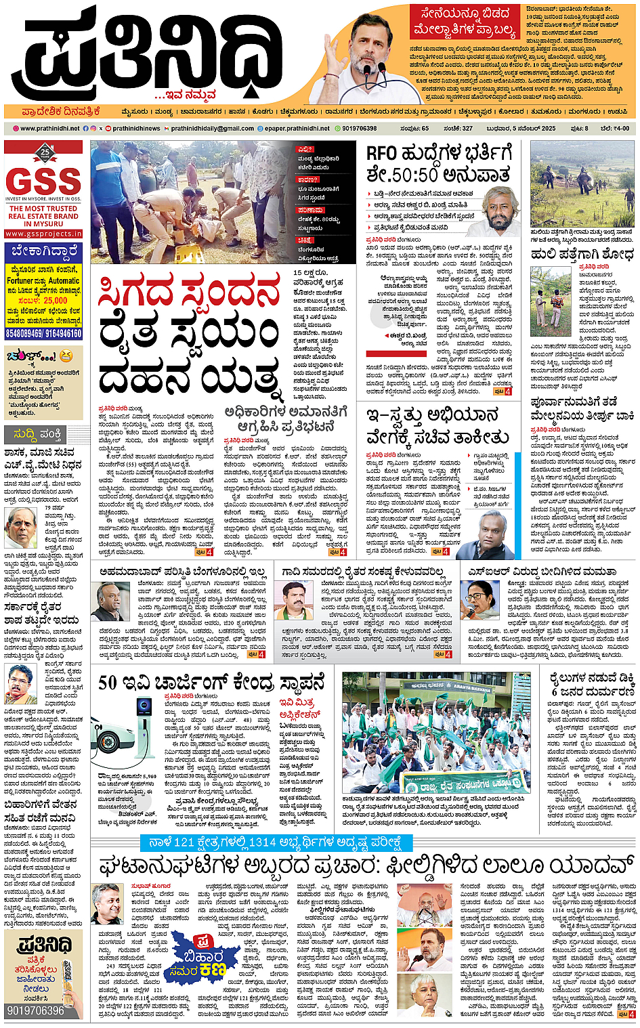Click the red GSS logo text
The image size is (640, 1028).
tap(43, 181)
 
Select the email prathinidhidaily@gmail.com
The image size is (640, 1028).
tap(212, 128)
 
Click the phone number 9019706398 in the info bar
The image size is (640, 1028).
tap(359, 128)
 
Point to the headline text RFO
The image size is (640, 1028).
tap(381, 154)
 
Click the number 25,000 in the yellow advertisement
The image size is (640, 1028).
tap(51, 300)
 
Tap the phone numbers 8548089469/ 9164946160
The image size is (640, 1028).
tap(43, 333)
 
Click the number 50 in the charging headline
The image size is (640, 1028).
tap(108, 683)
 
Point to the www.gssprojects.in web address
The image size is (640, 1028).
tap(43, 234)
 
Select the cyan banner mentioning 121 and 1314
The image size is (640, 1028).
tap(275, 842)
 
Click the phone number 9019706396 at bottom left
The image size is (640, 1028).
tap(35, 1010)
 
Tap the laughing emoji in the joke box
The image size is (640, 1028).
tap(65, 355)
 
